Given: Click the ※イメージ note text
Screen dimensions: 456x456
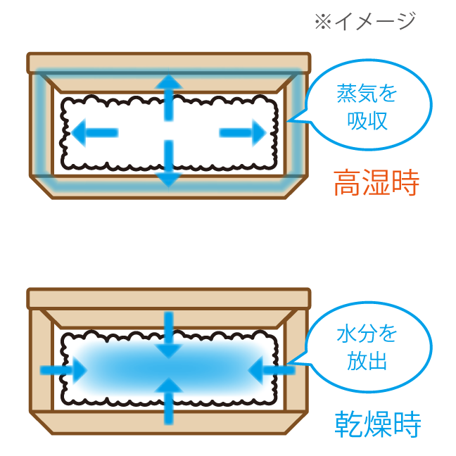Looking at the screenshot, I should pyautogui.click(x=365, y=22).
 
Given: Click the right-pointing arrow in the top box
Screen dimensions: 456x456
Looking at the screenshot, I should pyautogui.click(x=243, y=131).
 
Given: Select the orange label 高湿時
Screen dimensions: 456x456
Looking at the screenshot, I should pyautogui.click(x=376, y=184).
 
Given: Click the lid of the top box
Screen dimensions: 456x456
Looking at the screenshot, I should pyautogui.click(x=168, y=62).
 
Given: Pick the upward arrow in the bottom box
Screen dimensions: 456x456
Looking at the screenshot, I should pyautogui.click(x=168, y=401).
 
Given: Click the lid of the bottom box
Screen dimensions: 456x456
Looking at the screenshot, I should pyautogui.click(x=168, y=298).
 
